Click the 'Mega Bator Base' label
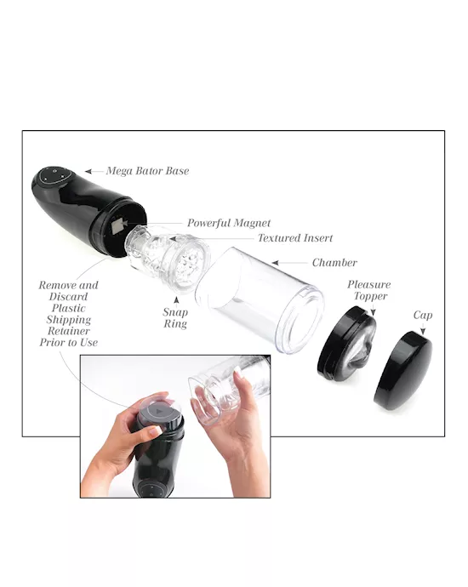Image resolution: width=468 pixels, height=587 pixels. (147, 171)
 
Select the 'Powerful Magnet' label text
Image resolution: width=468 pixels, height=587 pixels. (229, 223)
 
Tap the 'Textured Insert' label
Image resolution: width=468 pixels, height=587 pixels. (295, 238)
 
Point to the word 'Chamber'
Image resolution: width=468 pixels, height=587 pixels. (334, 263)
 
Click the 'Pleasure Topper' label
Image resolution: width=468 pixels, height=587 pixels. (368, 290)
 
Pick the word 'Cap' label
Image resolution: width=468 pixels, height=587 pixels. (423, 316)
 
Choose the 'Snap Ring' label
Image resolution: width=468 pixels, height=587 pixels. (175, 317)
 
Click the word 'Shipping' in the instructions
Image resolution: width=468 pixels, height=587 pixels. (69, 320)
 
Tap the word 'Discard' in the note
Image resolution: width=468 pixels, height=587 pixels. (69, 297)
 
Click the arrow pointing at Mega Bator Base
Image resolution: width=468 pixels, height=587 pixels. (91, 171)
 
